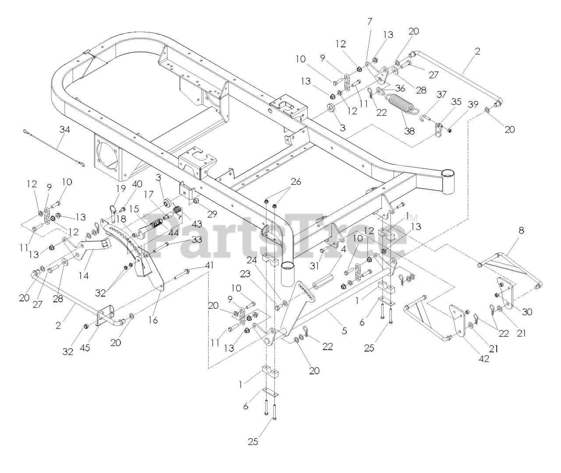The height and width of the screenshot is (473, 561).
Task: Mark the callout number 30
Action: tap(527, 312)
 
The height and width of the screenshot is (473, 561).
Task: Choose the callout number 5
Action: tap(344, 331)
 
